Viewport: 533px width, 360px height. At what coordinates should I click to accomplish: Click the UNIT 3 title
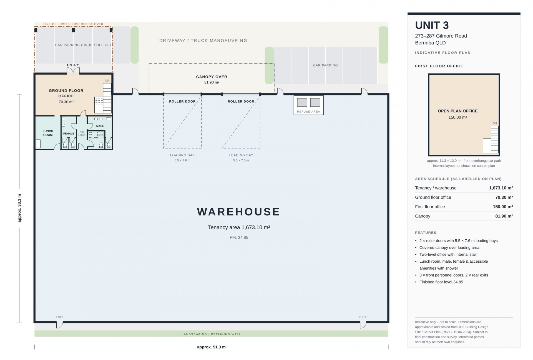(432, 25)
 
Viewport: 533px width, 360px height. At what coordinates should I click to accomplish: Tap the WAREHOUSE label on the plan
(238, 212)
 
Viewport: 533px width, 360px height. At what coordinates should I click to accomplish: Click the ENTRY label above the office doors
(73, 65)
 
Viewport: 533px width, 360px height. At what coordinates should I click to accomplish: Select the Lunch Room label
(48, 133)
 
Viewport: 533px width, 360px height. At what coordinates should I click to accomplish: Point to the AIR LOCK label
(82, 133)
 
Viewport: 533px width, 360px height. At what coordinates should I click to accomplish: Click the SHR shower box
(100, 135)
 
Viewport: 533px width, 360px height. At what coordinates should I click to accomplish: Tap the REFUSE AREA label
(308, 111)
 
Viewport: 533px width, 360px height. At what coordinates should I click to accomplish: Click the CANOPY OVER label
(212, 77)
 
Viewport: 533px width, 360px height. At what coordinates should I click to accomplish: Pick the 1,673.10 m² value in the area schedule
(501, 188)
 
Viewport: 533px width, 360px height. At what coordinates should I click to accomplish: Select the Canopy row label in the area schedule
(423, 216)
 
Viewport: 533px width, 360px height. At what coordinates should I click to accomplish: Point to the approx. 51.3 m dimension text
(211, 347)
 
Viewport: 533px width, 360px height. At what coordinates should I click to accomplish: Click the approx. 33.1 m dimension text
(19, 208)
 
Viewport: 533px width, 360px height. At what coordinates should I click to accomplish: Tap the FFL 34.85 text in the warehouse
(239, 237)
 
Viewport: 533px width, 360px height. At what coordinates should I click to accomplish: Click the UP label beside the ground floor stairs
(107, 81)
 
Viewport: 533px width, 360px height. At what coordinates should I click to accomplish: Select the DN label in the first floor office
(495, 123)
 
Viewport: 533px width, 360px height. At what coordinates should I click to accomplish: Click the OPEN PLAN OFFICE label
(457, 111)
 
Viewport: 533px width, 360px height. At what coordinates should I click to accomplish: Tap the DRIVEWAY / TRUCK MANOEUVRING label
(203, 40)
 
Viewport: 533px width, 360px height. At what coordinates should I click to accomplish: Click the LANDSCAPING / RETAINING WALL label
(211, 334)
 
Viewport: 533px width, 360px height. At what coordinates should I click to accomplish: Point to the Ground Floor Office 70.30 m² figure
(66, 102)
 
